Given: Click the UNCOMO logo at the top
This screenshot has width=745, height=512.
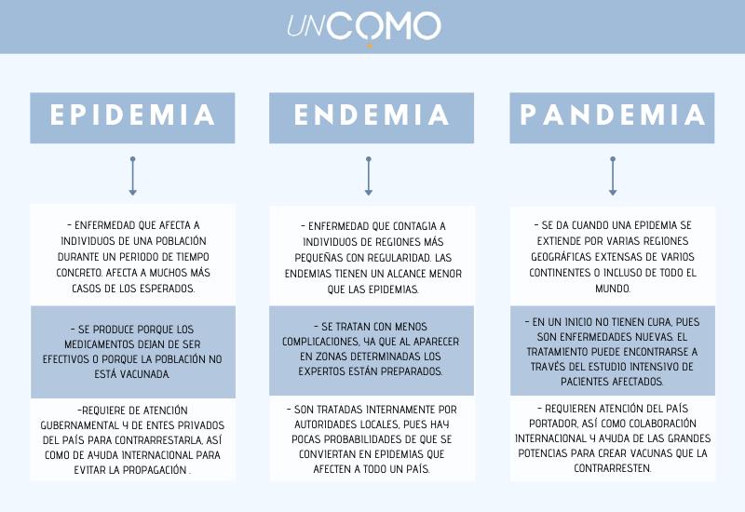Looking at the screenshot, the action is pos(364,27).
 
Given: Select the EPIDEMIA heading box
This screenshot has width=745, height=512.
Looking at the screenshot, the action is pos(132,118).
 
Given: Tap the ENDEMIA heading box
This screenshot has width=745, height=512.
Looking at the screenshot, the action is pos(372,118).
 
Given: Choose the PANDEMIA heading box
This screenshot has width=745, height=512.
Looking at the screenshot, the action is pos(612,118).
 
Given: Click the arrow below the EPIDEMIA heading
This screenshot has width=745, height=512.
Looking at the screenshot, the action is pos(132,176).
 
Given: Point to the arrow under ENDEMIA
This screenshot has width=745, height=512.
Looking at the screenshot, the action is pos(368,176).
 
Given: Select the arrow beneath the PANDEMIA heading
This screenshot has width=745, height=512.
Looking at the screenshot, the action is pos(613,176).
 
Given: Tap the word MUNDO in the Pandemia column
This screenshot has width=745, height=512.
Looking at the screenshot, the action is pos(613,289).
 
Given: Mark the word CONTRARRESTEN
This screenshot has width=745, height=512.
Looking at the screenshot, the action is pos(613,468).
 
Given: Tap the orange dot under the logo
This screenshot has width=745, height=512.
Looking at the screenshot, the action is pos(370,46).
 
